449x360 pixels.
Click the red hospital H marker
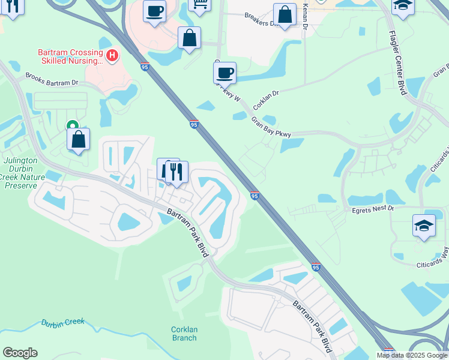coord(112,55)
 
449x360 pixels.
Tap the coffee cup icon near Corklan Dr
coord(224,73)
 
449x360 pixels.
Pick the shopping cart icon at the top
coord(199,4)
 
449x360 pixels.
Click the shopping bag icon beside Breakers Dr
coord(285,14)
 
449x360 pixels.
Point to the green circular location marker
coord(72,125)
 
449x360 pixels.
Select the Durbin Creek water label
coord(63,323)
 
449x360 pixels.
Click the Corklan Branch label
coord(184,334)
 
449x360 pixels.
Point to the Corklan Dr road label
coord(266,99)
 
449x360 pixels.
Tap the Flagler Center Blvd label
coord(399,62)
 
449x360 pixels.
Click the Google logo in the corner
coord(20,353)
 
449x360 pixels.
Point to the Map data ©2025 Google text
coord(412,355)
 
